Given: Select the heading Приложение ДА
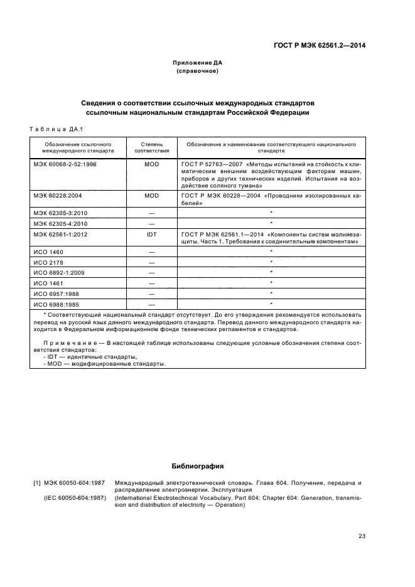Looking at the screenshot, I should coord(198,63).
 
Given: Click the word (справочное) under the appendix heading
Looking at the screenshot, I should coord(198,71).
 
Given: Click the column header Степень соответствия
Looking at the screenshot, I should coord(151,147).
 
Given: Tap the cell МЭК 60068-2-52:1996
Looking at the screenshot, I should coord(61,164).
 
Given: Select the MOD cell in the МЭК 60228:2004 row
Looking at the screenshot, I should coord(151,196).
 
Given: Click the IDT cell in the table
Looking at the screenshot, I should coord(151,233).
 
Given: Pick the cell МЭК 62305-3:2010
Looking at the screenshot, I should coord(58,213).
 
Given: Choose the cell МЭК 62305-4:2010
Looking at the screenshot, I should coord(58,223).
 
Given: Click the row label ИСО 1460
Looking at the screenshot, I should coord(48,251).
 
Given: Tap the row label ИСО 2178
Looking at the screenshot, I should coord(48,262).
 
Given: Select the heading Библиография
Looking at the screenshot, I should coord(197,467).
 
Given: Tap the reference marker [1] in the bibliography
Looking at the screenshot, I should coord(36,482).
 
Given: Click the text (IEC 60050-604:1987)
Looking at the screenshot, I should coord(75,498).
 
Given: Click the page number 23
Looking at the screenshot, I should coord(362,536).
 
